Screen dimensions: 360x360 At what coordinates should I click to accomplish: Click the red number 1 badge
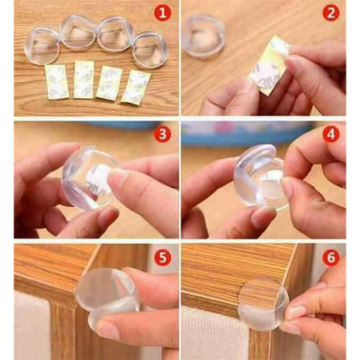(x=161, y=13)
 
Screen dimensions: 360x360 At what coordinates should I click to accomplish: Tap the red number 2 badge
(x=330, y=13)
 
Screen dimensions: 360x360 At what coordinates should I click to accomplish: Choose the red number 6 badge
(x=330, y=257)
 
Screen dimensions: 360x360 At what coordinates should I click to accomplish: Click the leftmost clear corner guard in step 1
(x=42, y=45)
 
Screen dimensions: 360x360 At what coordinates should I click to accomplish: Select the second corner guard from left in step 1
(x=78, y=33)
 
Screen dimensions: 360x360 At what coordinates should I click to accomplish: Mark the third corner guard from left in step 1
(x=114, y=34)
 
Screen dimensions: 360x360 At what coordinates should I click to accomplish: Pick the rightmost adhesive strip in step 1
(x=137, y=85)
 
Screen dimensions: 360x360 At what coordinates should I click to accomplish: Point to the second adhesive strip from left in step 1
(x=84, y=79)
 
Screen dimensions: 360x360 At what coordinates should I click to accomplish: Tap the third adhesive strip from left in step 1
(x=111, y=82)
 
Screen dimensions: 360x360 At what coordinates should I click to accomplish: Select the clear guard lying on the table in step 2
(x=203, y=37)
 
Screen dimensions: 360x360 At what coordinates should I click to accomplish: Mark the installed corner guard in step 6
(x=264, y=302)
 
